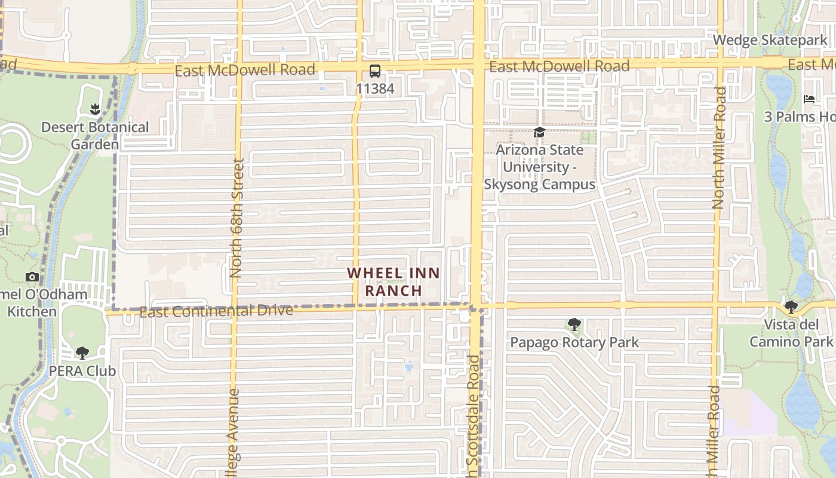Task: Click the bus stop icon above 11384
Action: tap(374, 72)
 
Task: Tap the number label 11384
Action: tap(374, 89)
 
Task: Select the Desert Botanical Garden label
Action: tap(95, 136)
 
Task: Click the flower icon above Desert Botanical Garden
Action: tap(94, 109)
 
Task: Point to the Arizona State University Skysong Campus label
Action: tap(539, 167)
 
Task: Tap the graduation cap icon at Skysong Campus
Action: tap(539, 133)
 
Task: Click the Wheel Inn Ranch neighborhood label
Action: tap(394, 282)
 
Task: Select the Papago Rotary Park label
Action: tap(574, 342)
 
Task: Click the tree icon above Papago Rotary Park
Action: tap(574, 325)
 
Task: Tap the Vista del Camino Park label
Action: tap(791, 333)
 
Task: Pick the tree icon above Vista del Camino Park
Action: tap(791, 307)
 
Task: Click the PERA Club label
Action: tap(82, 370)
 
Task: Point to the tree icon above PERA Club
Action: tap(82, 353)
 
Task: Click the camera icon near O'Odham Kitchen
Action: tap(32, 277)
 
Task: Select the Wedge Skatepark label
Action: tap(770, 40)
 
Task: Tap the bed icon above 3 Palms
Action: tap(809, 99)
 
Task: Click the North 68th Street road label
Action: tap(236, 218)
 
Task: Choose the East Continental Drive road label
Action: tap(216, 311)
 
